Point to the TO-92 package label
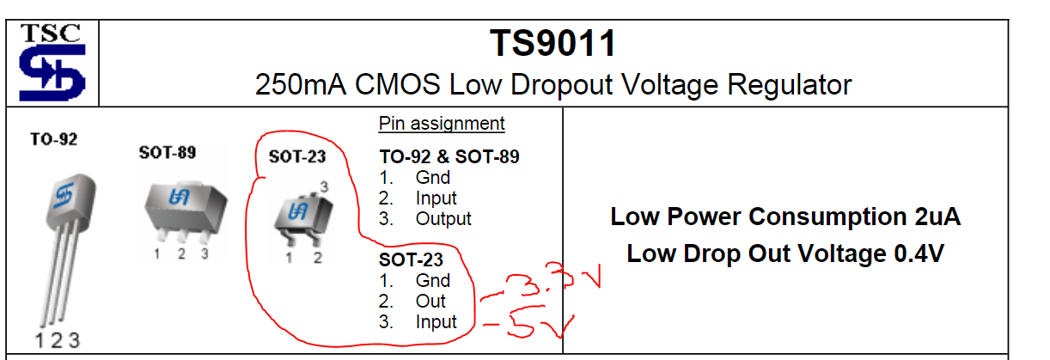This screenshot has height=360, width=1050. pos(53,138)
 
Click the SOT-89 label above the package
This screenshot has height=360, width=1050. pos(167,153)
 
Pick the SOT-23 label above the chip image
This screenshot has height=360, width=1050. pos(296,157)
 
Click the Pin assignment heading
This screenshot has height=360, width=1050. pos(442,124)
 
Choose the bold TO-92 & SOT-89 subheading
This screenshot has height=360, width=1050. pos(449,157)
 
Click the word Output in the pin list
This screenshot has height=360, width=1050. pos(443,218)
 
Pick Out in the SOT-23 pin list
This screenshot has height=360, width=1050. pos(430,301)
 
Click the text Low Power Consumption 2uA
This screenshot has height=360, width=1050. pos(785,217)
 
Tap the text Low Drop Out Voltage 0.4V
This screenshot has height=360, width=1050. pos(785,253)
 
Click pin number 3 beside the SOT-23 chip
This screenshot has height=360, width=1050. pos(324,186)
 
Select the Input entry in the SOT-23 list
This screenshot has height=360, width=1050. pos(436,321)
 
